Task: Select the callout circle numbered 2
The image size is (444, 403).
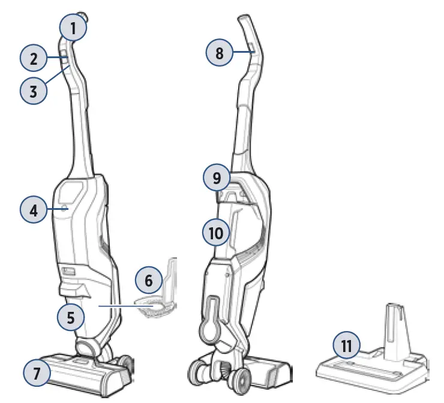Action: (34, 59)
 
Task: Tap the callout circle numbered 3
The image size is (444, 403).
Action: (34, 91)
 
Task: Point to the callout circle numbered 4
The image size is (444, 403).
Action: (34, 210)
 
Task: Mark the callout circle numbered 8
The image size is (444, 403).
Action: (220, 53)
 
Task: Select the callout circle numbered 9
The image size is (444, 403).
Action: (217, 177)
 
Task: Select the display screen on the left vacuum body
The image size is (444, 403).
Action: (69, 195)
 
